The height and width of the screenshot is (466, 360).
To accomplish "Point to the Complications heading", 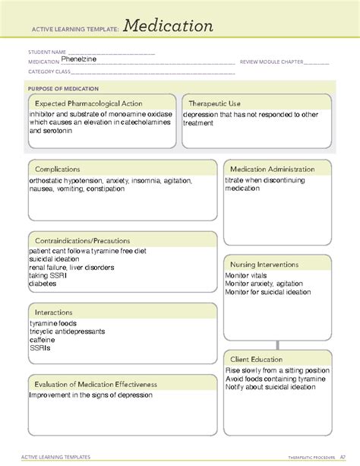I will click(x=58, y=169).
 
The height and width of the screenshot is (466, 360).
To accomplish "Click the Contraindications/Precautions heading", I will click(x=82, y=240).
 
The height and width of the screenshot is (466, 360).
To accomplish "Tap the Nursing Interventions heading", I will click(x=264, y=264).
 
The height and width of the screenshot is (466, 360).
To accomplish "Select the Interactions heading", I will click(x=54, y=312).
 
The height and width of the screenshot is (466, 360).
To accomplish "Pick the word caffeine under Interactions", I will click(x=42, y=339).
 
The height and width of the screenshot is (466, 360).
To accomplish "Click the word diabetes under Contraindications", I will click(x=43, y=284).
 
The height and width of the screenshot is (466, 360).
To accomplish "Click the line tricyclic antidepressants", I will click(x=67, y=331).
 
